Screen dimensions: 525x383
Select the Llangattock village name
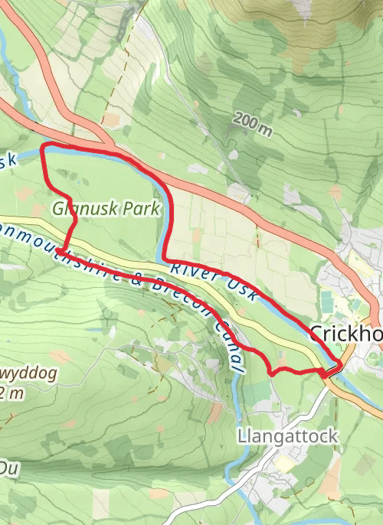coord(287,436)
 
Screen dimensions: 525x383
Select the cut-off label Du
coord(8,466)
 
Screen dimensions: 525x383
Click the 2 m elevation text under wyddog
coord(14,393)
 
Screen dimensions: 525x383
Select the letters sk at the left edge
coord(8,161)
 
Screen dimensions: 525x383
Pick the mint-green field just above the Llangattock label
coord(260,394)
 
